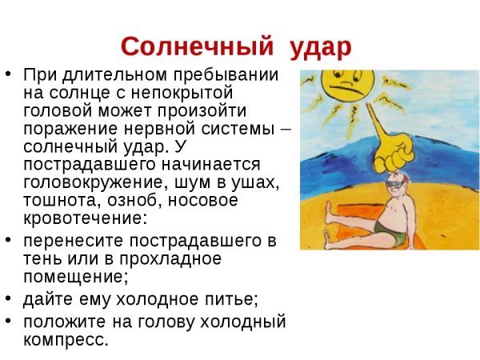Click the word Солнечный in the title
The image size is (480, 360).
194,46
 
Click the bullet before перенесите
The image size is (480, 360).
9,242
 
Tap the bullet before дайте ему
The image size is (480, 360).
9,300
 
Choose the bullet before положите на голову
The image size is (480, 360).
9,321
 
